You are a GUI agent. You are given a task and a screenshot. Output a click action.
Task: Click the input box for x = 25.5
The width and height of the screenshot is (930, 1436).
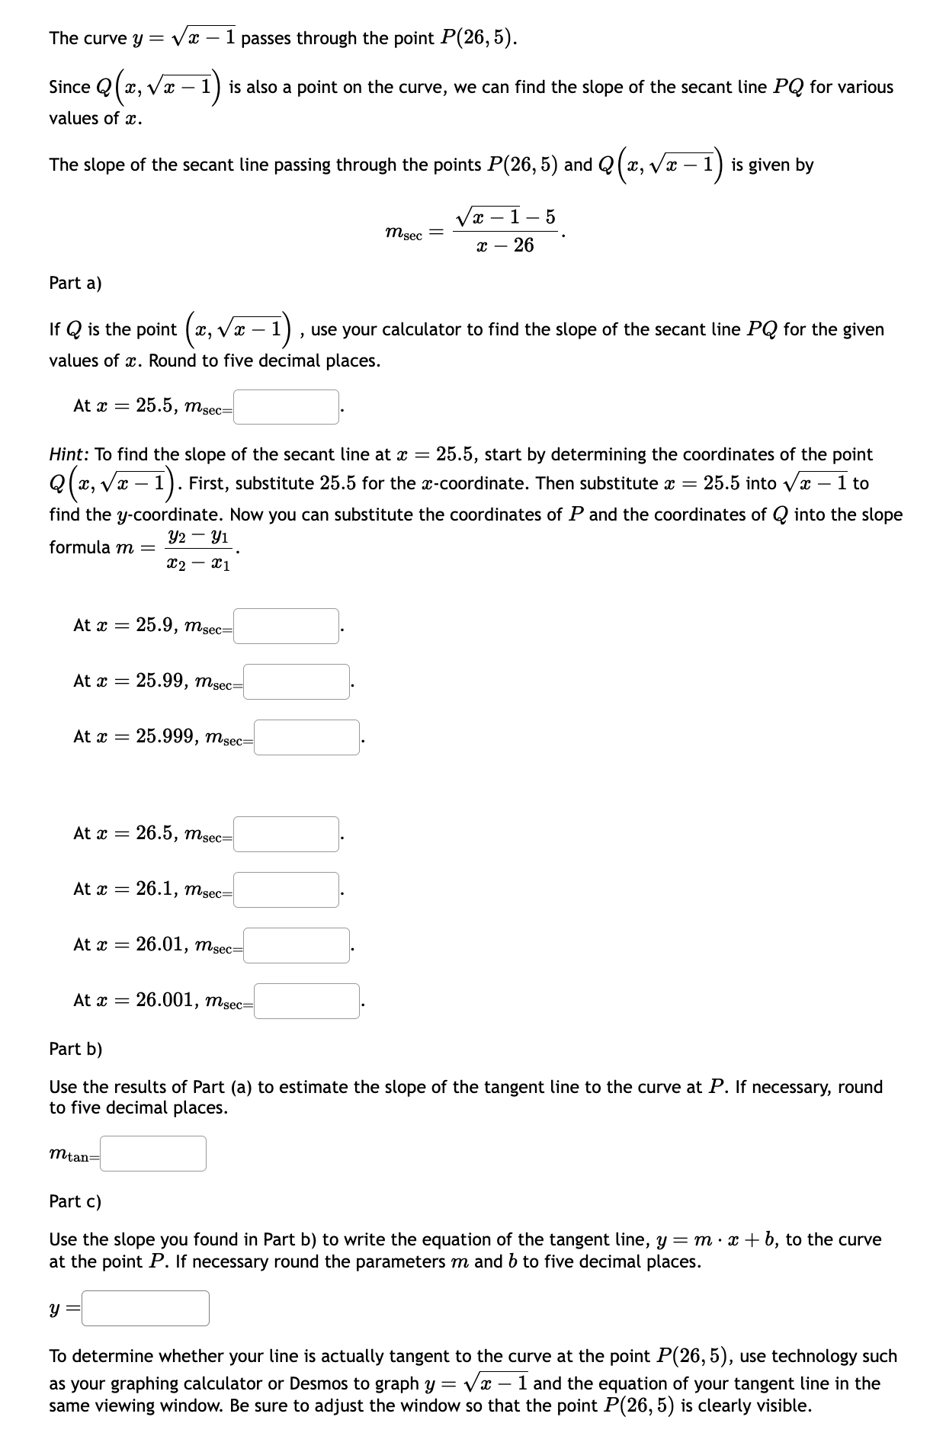pos(287,407)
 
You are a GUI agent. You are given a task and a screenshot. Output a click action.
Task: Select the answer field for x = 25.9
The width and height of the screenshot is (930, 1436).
pos(287,626)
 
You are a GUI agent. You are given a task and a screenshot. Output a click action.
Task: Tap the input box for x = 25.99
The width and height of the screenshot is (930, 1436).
pos(297,681)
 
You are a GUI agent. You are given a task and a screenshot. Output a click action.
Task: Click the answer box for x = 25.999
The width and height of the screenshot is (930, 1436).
pos(306,737)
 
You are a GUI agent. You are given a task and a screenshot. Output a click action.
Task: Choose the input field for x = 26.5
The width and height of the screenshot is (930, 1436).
pos(287,834)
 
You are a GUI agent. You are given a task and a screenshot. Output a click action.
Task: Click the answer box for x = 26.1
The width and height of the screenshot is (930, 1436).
pos(287,889)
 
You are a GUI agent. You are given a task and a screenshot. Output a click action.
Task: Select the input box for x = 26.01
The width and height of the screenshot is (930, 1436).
pos(297,945)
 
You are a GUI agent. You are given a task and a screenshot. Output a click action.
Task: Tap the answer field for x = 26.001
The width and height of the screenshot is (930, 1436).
pos(306,1001)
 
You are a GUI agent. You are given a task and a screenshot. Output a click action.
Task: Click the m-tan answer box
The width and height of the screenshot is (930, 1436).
pos(159,1153)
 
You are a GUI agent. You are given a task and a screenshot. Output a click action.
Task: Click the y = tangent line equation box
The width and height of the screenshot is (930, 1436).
pos(146,1308)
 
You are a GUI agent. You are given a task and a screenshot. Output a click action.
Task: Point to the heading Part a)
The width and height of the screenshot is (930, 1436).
pos(75,283)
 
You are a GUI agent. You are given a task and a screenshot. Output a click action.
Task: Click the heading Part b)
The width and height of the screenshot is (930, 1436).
pos(75,1049)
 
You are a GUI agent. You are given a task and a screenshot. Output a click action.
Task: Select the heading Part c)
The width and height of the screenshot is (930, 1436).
pos(75,1201)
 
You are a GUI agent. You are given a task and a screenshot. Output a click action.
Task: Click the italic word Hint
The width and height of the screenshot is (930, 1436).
pos(69,455)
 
